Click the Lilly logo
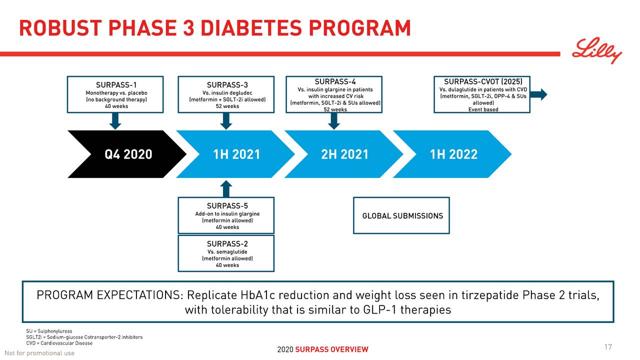pos(597,51)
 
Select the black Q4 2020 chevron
pos(127,154)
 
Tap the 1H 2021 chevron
pos(236,154)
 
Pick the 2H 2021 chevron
pos(344,154)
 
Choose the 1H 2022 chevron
pos(453,154)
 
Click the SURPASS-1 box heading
pos(116,85)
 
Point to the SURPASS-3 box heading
pos(227,85)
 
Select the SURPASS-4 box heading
pos(335,82)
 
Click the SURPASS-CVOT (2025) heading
pos(483,82)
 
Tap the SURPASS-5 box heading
pos(227,206)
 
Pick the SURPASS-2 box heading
pos(227,244)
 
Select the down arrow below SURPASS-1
pos(115,120)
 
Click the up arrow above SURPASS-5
pos(226,189)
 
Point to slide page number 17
pos(608,347)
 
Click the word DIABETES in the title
pos(247,28)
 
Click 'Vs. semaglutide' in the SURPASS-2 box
pos(227,252)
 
